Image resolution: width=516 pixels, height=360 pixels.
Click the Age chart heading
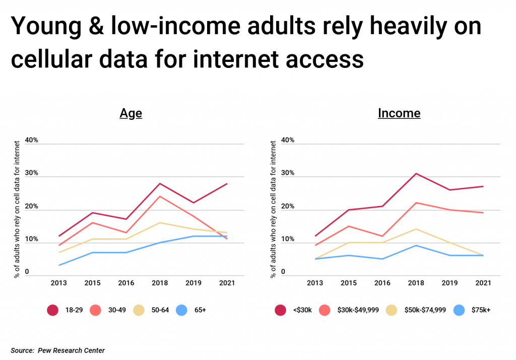coord(131,113)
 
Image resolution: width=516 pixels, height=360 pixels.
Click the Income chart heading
coord(399,113)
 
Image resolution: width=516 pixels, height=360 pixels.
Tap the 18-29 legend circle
coord(52,310)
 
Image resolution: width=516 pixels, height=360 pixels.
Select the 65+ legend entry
coord(190,310)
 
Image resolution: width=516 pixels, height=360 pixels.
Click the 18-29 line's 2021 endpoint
coord(227,184)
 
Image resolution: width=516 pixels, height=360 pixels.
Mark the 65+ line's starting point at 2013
coord(59,265)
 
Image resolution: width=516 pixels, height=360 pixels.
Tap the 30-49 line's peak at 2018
coord(160,196)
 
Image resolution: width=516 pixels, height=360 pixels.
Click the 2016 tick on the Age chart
coord(126,283)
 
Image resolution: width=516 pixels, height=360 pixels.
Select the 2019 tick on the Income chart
coord(449,283)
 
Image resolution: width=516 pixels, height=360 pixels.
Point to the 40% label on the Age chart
coord(32,140)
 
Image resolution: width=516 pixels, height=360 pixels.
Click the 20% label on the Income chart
coord(288,206)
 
